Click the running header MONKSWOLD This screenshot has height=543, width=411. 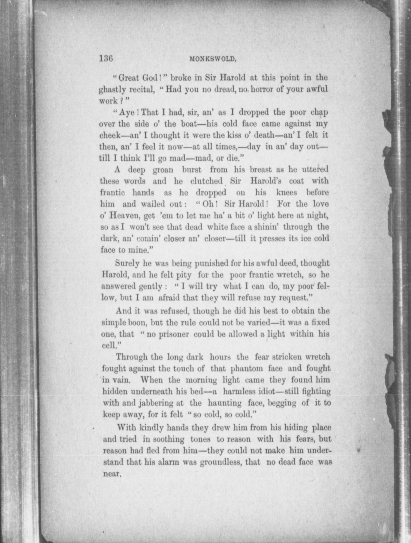(213, 59)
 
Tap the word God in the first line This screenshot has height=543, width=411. (150, 77)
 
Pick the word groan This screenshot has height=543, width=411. (163, 170)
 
